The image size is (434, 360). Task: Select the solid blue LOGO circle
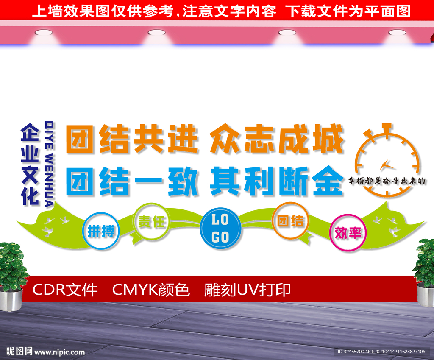click(x=220, y=228)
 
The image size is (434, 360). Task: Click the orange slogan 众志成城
click(x=277, y=139)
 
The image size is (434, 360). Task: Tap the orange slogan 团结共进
click(x=132, y=139)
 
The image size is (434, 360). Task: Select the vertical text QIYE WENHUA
click(x=49, y=164)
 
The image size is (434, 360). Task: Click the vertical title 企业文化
click(x=30, y=165)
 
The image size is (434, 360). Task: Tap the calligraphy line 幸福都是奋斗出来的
click(x=387, y=181)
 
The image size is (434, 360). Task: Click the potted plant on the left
click(x=11, y=276)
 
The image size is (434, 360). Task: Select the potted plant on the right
click(x=424, y=272)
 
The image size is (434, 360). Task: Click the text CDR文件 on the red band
click(x=65, y=290)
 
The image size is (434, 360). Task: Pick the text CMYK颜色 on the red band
click(x=151, y=290)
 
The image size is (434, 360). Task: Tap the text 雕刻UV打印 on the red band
click(x=248, y=290)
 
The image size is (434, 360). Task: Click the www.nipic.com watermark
click(x=59, y=352)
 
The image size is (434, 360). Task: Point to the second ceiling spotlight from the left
click(x=157, y=33)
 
